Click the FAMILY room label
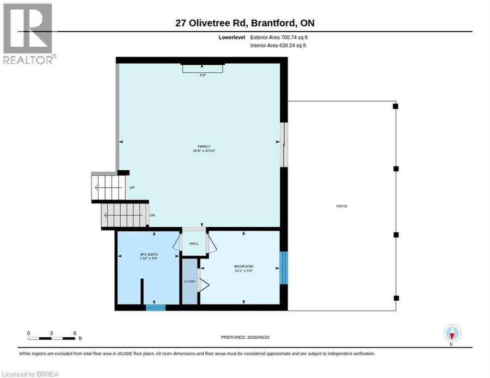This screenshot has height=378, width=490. point(204,146)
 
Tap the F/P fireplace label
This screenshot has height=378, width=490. point(203,75)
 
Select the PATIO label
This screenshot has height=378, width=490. point(341,206)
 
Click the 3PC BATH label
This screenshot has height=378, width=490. point(149,255)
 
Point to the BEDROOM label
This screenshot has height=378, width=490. point(243,267)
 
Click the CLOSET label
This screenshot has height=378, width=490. point(189,282)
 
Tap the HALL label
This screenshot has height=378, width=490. point(194,244)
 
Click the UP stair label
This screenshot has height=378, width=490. point(132,188)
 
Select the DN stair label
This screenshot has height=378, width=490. point(152,215)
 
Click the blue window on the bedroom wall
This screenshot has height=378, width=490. point(284,268)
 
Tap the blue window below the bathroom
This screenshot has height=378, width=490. point(156,307)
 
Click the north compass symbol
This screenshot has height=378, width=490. point(452,334)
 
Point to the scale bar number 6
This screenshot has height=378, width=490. point(75,333)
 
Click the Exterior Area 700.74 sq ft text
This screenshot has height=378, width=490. point(279,38)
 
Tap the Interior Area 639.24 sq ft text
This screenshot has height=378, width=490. point(278,46)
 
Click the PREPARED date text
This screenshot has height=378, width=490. point(245,337)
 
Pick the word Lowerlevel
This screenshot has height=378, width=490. point(232,38)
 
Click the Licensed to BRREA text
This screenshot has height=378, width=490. point(30,374)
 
